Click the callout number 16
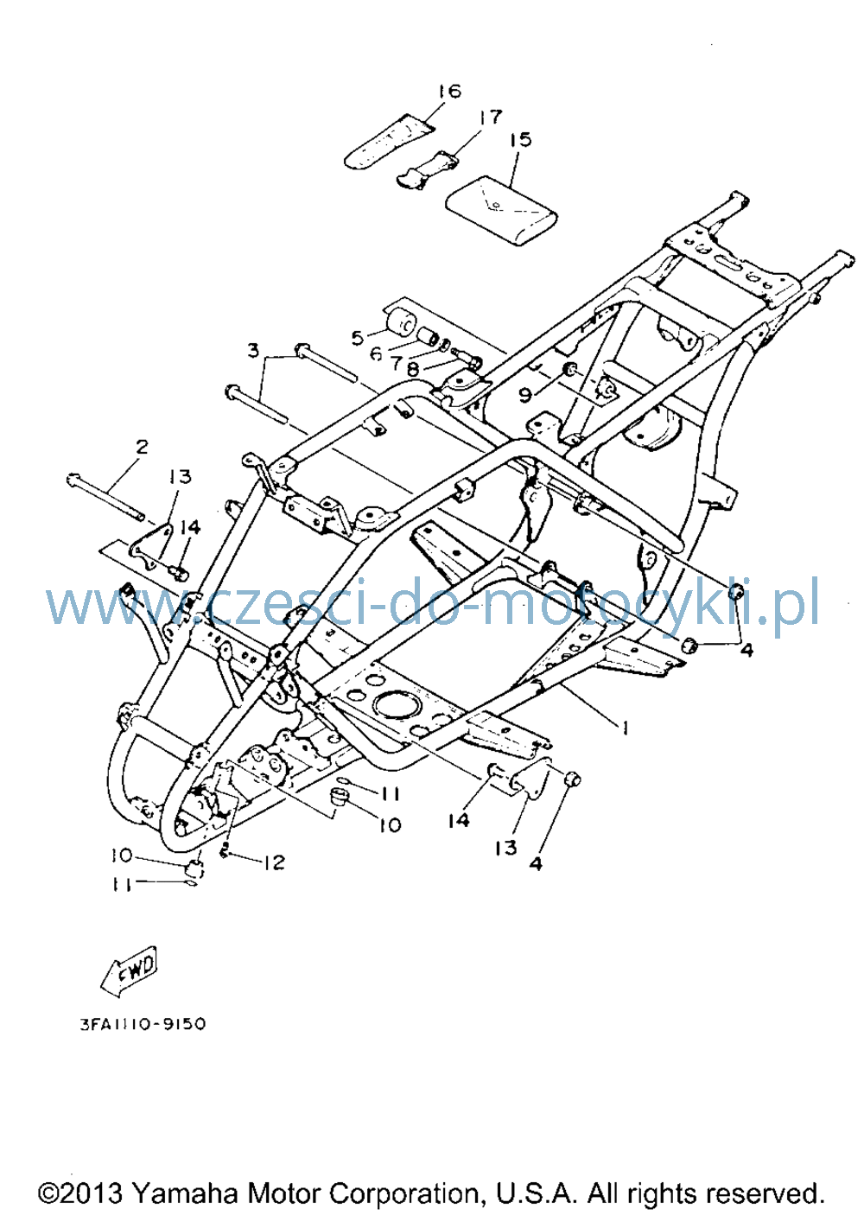(449, 91)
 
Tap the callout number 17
(490, 117)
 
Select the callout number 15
(520, 139)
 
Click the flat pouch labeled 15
(502, 212)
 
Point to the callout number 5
(357, 338)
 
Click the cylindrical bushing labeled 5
(403, 322)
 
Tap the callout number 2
(141, 447)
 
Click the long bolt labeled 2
(105, 497)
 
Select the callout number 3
(253, 351)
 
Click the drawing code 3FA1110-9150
(143, 1024)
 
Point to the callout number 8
(413, 368)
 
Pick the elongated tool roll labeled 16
(390, 142)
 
